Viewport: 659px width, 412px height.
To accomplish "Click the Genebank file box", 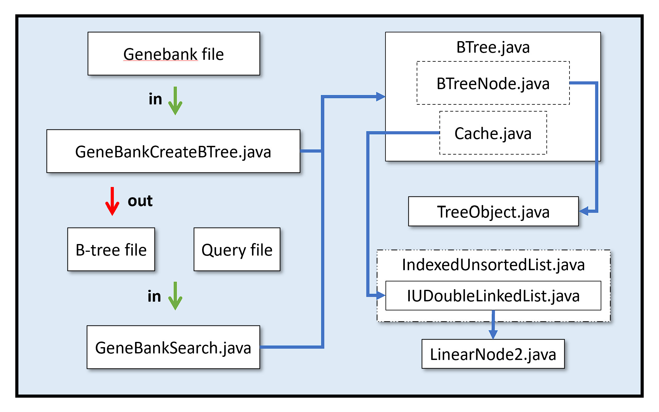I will [x=174, y=54].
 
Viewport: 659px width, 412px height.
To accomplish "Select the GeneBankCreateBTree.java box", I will [x=173, y=151].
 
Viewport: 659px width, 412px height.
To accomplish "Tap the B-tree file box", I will [x=111, y=249].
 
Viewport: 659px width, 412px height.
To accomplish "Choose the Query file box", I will [x=237, y=249].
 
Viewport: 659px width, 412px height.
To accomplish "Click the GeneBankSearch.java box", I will [x=173, y=347].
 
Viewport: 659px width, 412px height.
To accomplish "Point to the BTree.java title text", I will [x=493, y=47].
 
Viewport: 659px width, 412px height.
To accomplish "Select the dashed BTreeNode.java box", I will [x=493, y=83].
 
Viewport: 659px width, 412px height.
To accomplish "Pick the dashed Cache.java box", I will [x=493, y=133].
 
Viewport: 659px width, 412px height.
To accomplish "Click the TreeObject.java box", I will [x=493, y=211].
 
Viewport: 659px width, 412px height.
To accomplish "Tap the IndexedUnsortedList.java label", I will [x=493, y=265].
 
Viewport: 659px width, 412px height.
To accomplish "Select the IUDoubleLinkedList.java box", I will [x=493, y=295].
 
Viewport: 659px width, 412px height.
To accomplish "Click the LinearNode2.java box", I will [x=493, y=354].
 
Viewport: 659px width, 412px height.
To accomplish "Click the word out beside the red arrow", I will [x=140, y=201].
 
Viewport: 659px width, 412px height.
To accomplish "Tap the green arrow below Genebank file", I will [x=175, y=101].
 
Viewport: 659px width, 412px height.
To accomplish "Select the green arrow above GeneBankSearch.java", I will [x=175, y=296].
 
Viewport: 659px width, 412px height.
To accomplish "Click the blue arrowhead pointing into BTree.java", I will [x=381, y=97].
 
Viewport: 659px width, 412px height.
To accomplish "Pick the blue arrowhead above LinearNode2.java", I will [x=493, y=334].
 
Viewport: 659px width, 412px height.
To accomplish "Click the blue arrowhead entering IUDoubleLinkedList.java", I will [x=381, y=295].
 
